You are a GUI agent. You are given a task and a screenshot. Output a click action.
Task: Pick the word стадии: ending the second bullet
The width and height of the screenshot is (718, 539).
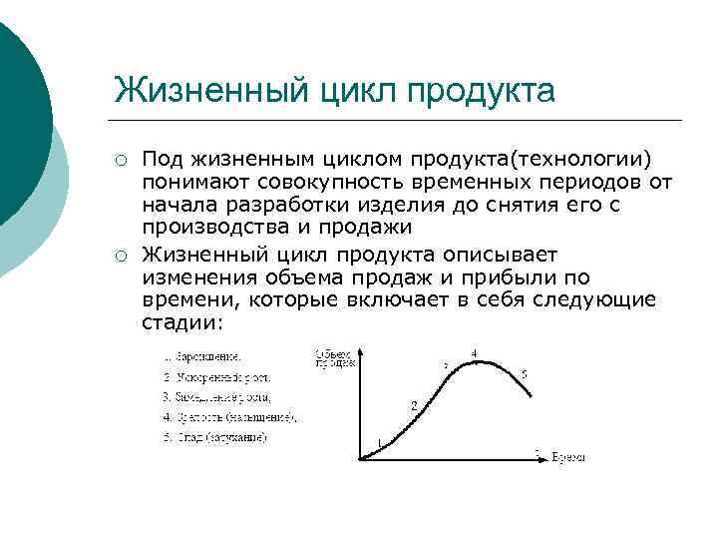(183, 322)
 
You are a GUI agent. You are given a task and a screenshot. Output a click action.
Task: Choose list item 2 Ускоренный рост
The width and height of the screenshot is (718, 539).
(216, 377)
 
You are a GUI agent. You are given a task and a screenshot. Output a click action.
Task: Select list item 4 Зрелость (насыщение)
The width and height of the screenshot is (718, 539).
(228, 416)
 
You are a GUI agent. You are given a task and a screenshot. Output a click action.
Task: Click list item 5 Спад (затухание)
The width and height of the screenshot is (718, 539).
(214, 437)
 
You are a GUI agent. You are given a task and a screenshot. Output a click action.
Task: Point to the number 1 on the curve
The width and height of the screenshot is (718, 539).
(379, 443)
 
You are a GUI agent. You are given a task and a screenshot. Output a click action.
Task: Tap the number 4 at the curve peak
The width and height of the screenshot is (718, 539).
(474, 353)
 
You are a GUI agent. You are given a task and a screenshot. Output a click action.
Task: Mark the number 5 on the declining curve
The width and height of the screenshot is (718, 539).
(524, 374)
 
